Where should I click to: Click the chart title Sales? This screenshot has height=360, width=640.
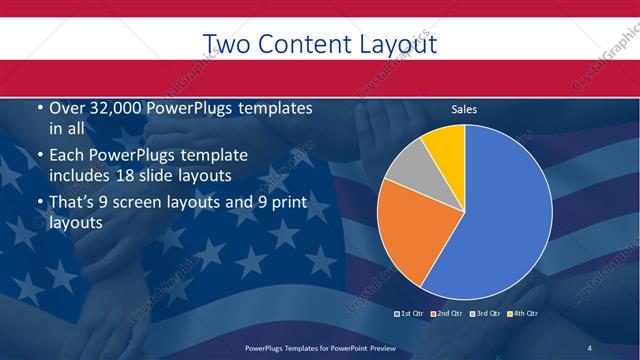click(x=464, y=109)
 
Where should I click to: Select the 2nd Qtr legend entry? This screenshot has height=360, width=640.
click(x=447, y=314)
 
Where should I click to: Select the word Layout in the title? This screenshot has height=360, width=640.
click(x=394, y=44)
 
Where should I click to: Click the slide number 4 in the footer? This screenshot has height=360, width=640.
click(x=589, y=347)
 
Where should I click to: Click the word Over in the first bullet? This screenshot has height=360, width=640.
click(x=66, y=108)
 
